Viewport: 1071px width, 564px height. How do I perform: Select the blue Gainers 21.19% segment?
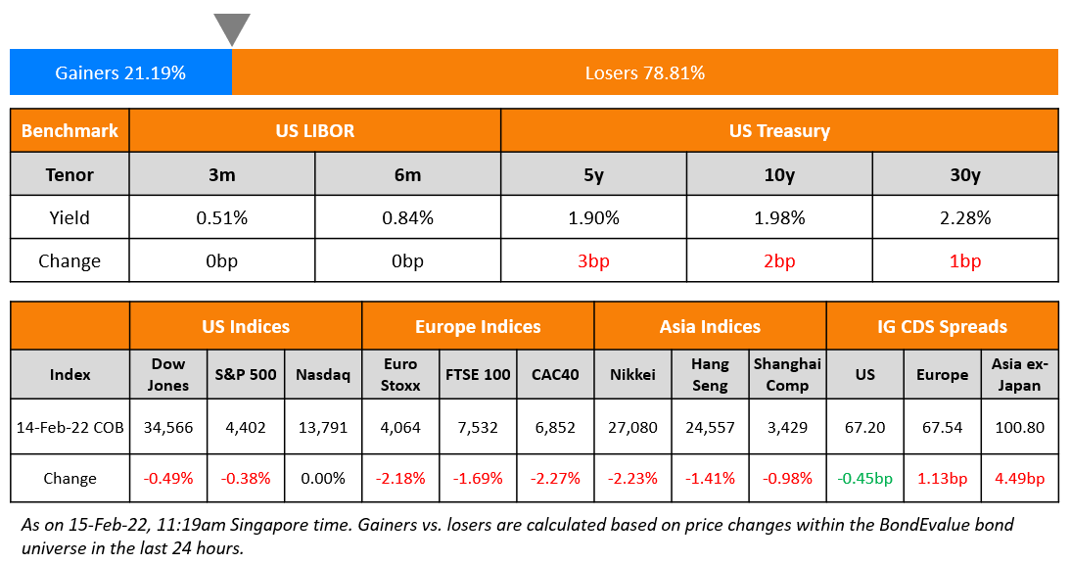click(120, 72)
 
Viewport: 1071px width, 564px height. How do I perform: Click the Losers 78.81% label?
click(644, 72)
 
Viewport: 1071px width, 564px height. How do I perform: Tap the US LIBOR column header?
click(314, 130)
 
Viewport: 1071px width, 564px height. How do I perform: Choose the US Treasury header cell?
click(779, 130)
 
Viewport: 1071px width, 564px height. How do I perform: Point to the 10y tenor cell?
click(779, 174)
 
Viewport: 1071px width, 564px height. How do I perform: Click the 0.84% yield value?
click(407, 217)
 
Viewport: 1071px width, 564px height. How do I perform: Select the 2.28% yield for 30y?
click(964, 217)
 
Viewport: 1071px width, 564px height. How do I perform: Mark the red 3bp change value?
click(593, 261)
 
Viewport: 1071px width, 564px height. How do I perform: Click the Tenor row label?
click(70, 174)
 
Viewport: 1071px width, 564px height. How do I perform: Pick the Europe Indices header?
click(478, 326)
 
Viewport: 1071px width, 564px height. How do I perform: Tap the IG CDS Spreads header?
click(942, 326)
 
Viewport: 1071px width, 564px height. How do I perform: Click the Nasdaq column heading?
click(323, 374)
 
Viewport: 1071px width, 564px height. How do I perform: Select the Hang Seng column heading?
click(710, 374)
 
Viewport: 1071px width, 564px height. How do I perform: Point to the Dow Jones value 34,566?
click(168, 427)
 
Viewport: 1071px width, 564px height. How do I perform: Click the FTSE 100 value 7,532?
click(478, 427)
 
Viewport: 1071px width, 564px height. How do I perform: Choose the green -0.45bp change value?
click(865, 478)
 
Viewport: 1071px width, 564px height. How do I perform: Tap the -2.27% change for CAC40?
click(555, 478)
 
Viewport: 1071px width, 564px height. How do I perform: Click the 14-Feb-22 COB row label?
click(70, 427)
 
